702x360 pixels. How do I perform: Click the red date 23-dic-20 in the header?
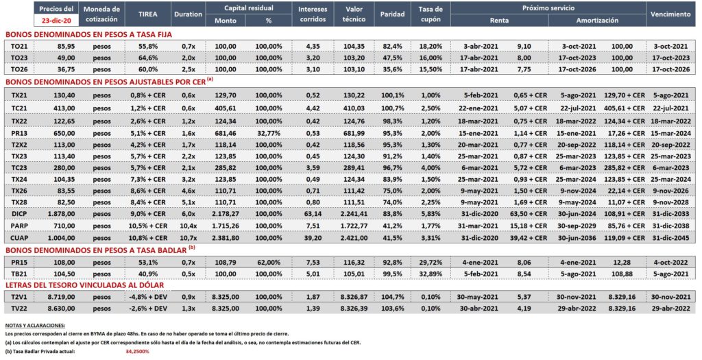56,21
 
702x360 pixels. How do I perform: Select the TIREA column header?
148,14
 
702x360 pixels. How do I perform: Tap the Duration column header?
188,14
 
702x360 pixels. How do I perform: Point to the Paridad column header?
392,14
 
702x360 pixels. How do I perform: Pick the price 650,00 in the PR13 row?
65,133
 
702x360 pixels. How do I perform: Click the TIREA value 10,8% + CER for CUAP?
148,238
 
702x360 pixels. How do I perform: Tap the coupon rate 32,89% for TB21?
431,274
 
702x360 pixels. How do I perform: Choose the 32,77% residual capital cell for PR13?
269,133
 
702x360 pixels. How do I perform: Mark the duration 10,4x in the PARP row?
188,226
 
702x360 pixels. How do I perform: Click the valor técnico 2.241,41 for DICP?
353,214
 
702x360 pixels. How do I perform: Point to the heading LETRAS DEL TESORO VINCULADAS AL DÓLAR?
84,285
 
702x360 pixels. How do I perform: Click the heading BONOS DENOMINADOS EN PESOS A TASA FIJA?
88,34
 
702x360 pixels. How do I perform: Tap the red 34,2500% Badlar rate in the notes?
137,352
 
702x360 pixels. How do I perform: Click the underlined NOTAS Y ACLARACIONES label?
35,326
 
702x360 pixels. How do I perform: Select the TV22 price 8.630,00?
61,309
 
